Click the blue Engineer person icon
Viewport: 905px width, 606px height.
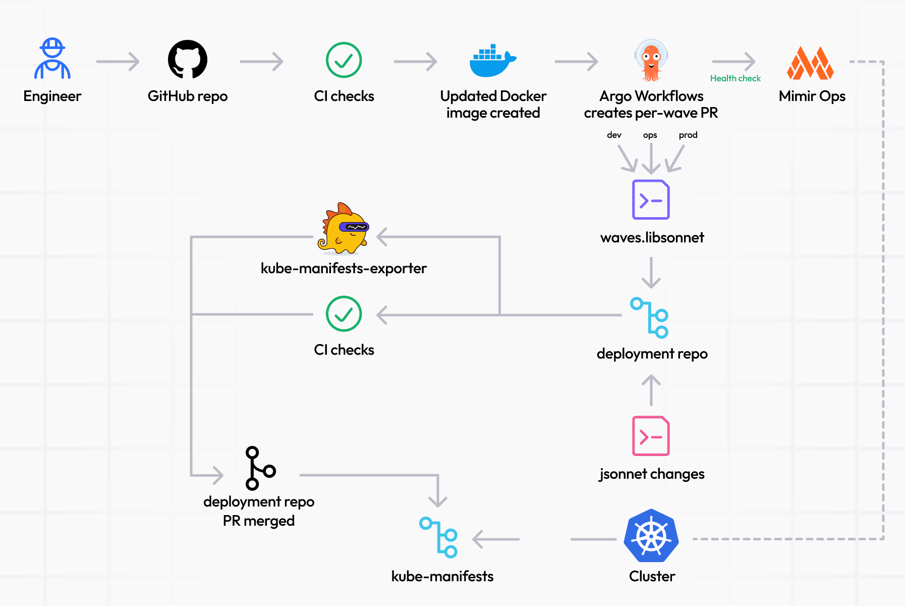click(x=52, y=59)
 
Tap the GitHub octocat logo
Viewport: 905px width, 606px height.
click(x=188, y=60)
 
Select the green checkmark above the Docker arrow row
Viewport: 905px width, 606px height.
click(x=344, y=60)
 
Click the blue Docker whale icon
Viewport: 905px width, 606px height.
click(x=492, y=62)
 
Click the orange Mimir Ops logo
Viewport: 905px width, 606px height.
click(x=810, y=63)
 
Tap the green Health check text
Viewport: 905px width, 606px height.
click(x=735, y=78)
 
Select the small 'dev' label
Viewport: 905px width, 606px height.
click(x=614, y=135)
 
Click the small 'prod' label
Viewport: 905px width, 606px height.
click(x=688, y=135)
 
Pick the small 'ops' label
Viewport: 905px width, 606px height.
click(x=650, y=135)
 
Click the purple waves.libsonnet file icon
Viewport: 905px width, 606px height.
click(x=651, y=199)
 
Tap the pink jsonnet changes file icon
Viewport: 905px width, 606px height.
click(x=651, y=436)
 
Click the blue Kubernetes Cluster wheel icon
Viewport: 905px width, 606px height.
click(x=651, y=536)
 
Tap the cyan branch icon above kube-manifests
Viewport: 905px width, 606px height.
click(x=439, y=537)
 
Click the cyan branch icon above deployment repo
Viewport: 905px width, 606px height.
click(x=650, y=317)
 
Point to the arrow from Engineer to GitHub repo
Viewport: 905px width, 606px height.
click(x=118, y=62)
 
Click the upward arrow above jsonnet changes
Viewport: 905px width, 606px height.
click(x=651, y=390)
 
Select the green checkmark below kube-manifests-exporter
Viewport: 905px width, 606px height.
click(x=344, y=314)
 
